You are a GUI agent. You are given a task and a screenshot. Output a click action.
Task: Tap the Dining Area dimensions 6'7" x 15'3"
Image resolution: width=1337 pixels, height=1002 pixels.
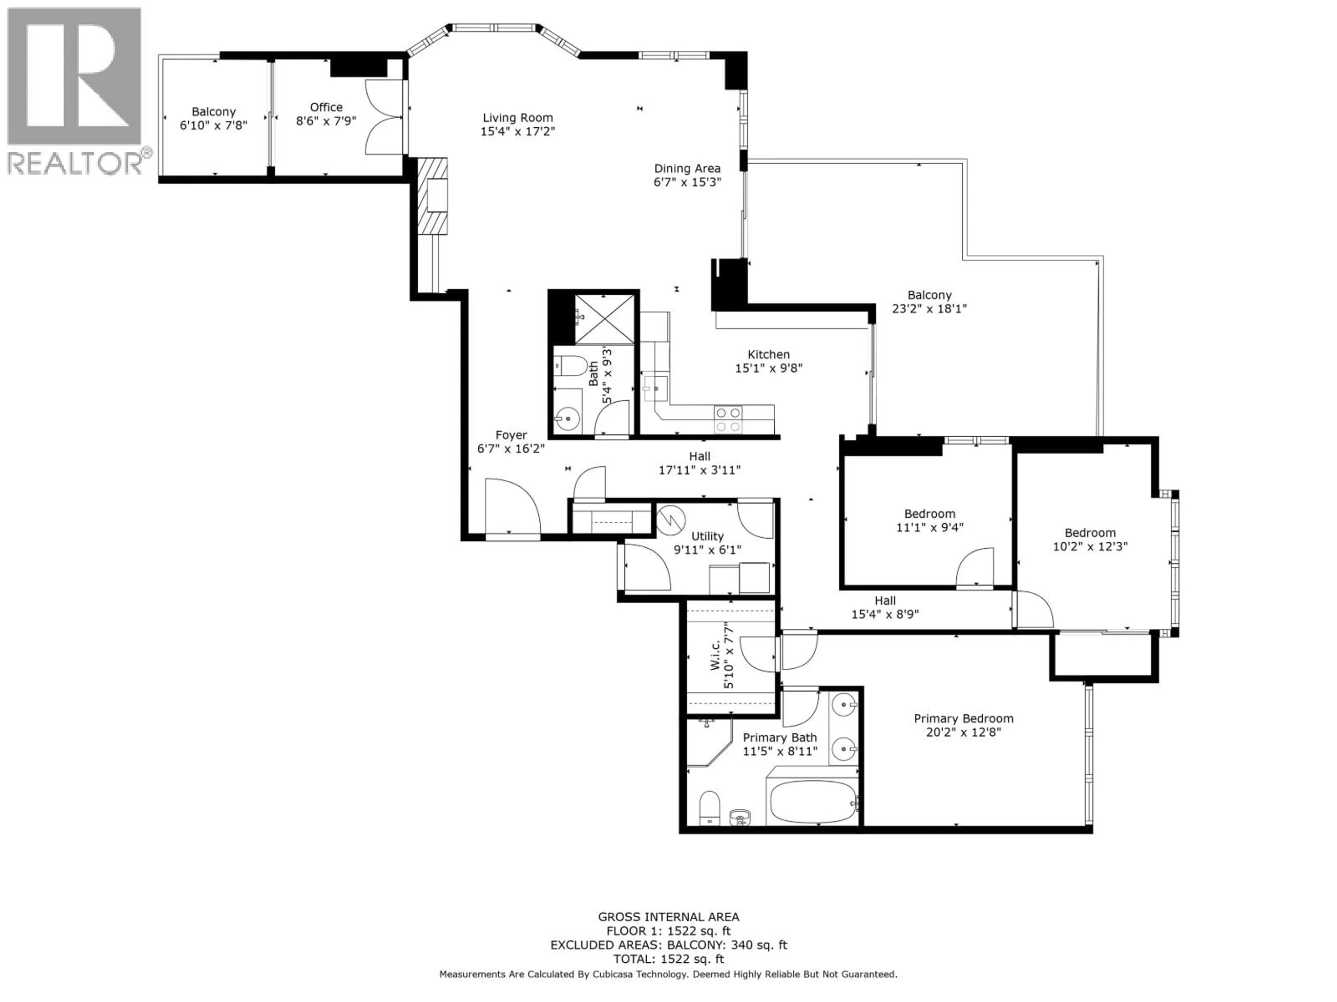click(x=687, y=182)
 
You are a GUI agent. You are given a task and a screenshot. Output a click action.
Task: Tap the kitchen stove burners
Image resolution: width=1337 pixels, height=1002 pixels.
click(x=728, y=419)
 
